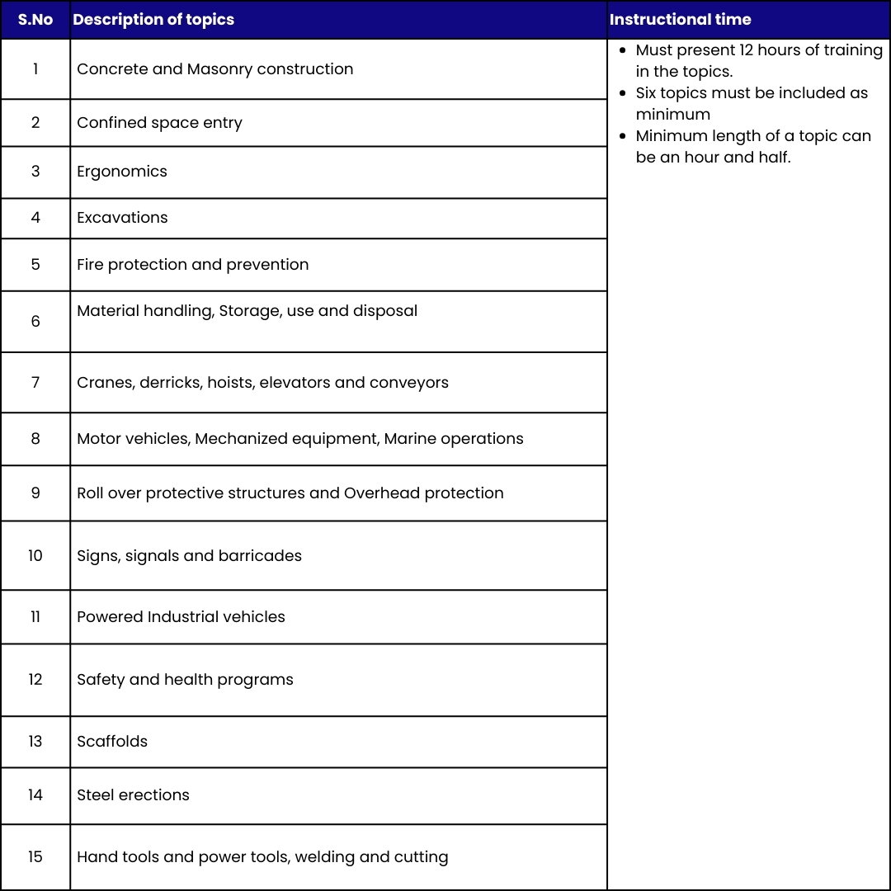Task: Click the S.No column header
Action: (x=35, y=20)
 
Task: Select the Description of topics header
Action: (x=153, y=20)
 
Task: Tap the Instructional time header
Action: (x=680, y=20)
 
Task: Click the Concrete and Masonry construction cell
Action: (x=214, y=69)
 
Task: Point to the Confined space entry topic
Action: (x=159, y=123)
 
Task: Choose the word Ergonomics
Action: (x=122, y=172)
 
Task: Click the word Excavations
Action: (x=122, y=218)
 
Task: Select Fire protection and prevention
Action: (x=192, y=265)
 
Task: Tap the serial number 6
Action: (x=35, y=322)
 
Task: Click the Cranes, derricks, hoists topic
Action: (x=262, y=383)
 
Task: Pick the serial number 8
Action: (x=35, y=439)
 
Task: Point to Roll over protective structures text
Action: (x=290, y=493)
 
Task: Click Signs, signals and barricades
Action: (x=189, y=556)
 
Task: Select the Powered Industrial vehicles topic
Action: (x=181, y=617)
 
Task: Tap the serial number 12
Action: (x=35, y=680)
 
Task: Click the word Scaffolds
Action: (x=112, y=742)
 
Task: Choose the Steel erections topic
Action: (x=133, y=795)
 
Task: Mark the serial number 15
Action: (x=35, y=857)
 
